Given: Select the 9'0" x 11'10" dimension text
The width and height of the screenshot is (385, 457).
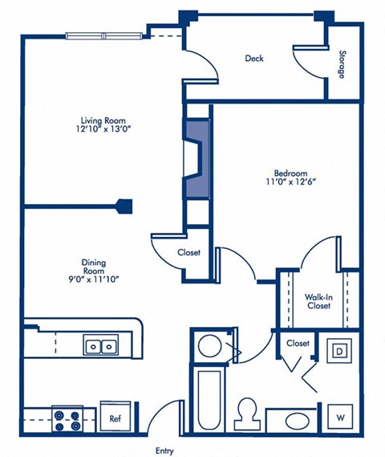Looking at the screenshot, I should click(x=94, y=280).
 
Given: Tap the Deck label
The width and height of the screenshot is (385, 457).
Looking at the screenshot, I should click(x=254, y=58).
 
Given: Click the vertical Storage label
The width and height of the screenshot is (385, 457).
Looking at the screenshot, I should click(x=341, y=64).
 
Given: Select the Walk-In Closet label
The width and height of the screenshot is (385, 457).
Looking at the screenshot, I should click(x=318, y=301).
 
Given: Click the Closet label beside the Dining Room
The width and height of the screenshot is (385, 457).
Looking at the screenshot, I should click(x=188, y=252).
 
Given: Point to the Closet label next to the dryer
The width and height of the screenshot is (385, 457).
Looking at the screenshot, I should click(x=298, y=343).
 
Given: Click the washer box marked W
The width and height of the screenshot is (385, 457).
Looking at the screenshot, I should click(x=340, y=417).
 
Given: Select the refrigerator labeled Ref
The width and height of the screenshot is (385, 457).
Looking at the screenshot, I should click(x=115, y=418).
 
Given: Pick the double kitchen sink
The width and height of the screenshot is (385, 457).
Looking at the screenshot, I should click(x=100, y=346).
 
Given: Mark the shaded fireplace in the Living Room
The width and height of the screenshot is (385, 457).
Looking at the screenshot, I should click(x=197, y=158).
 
